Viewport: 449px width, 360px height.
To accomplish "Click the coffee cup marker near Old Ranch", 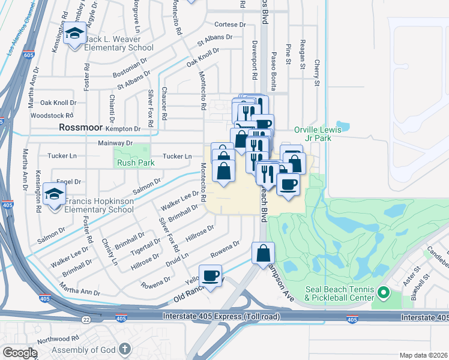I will [x=210, y=276].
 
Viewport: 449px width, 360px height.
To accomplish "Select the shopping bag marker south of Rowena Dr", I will [x=264, y=253].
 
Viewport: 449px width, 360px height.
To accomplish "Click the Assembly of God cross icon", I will [x=124, y=349].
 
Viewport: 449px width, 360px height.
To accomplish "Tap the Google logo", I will [x=20, y=353].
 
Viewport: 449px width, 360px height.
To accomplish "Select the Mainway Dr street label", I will [x=115, y=143].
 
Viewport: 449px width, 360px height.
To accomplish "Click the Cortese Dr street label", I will [x=230, y=25].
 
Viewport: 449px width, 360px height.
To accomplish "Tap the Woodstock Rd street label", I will [x=52, y=115].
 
